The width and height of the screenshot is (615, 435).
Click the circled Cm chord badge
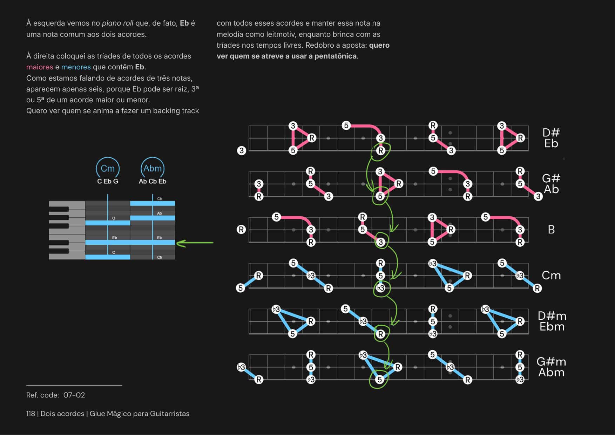[x=108, y=168]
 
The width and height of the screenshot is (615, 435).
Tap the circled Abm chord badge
[x=153, y=168]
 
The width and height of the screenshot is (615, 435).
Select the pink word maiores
[x=40, y=67]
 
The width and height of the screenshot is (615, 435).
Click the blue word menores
[x=76, y=67]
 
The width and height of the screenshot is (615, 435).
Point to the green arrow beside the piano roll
[x=195, y=243]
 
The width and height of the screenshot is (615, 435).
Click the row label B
[x=551, y=230]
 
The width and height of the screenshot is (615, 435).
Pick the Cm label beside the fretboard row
[x=551, y=276]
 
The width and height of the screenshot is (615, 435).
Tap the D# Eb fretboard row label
[x=551, y=138]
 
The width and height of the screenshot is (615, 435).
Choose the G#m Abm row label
[x=551, y=367]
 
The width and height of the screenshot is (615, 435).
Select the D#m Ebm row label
[x=552, y=321]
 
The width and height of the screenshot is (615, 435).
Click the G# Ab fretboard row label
[x=551, y=184]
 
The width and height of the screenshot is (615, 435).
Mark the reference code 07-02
[x=74, y=395]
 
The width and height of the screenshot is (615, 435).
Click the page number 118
[x=31, y=414]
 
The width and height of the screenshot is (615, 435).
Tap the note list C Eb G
[x=108, y=181]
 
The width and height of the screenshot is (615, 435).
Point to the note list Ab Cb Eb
[x=153, y=181]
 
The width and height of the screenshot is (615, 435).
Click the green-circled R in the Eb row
[x=380, y=151]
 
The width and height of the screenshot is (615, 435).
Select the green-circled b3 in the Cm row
[x=380, y=288]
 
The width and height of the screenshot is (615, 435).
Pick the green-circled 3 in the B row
[x=381, y=242]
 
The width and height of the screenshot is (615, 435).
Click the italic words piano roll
[x=117, y=23]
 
